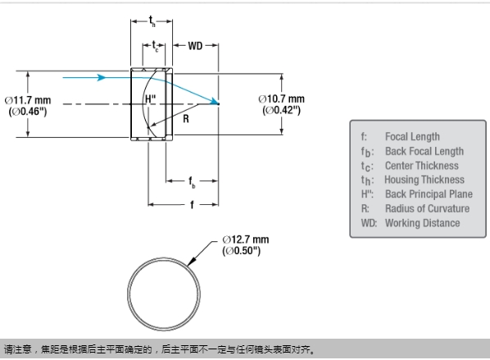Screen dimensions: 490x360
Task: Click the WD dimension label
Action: tap(195, 46)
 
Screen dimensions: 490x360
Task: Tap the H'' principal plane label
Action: tap(151, 99)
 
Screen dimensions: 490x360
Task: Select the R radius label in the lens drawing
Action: tap(186, 119)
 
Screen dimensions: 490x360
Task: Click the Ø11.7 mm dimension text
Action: tap(28, 100)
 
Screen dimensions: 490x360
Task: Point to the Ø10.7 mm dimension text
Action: tap(281, 99)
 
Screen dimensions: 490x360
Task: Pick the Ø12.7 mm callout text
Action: tap(246, 239)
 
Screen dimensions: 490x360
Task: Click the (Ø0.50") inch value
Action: tap(241, 251)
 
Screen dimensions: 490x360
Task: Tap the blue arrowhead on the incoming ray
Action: tap(101, 77)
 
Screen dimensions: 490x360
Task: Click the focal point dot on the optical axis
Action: tap(218, 104)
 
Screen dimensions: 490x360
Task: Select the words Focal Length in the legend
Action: tap(412, 137)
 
